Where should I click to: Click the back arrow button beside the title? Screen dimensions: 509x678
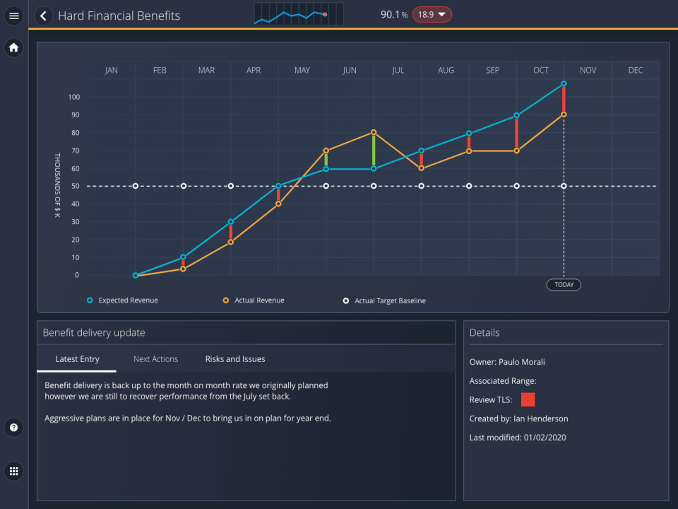pos(44,16)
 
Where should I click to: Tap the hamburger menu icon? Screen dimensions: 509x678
pos(14,16)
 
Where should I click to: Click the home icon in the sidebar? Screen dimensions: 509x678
pos(14,48)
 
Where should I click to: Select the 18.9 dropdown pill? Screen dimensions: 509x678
pos(432,15)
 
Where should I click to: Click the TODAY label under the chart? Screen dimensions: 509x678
pos(564,285)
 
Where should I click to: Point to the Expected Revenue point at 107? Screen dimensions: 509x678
pos(564,83)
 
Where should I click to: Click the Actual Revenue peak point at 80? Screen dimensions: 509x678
pos(374,132)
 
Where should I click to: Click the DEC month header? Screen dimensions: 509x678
pos(636,70)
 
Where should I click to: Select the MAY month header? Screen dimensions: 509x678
pos(302,70)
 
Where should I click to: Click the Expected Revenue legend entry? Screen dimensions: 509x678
pos(128,300)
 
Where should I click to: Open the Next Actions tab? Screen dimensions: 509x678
pos(155,359)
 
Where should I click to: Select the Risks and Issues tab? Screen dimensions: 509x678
pos(235,359)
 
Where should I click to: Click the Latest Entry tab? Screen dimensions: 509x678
pos(77,359)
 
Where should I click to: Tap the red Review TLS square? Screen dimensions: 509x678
pos(528,400)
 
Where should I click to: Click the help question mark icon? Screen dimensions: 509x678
pos(14,428)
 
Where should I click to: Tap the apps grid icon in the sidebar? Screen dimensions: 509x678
pos(14,471)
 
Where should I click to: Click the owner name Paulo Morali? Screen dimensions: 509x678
pos(521,362)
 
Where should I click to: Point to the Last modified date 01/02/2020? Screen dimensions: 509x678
pos(545,438)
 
